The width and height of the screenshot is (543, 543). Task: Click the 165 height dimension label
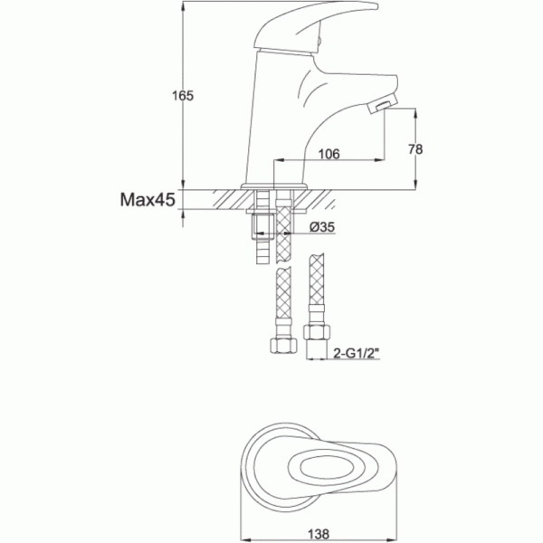(183, 96)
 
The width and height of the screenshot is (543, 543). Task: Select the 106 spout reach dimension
(329, 154)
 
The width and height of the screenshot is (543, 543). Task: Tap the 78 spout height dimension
(415, 149)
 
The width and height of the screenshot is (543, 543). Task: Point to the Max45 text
(148, 200)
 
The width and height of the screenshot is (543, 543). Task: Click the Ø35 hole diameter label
(322, 227)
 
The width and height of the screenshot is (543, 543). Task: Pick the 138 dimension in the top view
(319, 534)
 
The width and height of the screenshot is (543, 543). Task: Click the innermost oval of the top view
(327, 468)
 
